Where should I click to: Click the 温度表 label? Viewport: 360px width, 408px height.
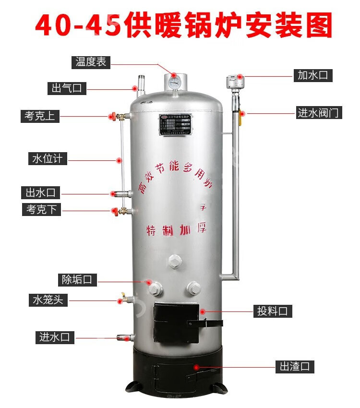point(91,62)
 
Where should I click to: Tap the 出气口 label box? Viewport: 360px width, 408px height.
point(66,88)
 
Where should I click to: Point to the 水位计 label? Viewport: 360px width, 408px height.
point(47,159)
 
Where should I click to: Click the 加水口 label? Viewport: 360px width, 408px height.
point(312,75)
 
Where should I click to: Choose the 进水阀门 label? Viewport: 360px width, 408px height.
point(318,113)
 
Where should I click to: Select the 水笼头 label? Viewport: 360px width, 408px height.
point(48,301)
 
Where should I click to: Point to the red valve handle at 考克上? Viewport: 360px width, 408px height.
point(112,116)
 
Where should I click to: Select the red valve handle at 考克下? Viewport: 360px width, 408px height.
point(114,210)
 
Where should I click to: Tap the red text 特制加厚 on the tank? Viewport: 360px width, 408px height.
point(176,229)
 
